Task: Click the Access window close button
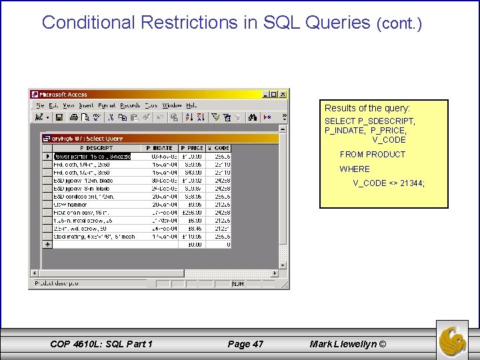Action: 283,95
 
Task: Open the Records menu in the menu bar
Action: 129,105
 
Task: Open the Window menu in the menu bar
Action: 171,105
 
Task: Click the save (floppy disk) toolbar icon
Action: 59,117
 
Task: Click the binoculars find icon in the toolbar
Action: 252,117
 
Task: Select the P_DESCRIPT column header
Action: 97,148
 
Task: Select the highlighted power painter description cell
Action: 92,157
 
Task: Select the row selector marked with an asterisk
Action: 47,245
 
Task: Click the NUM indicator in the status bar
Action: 238,283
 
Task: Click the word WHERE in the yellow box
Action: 355,169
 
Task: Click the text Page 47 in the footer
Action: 245,344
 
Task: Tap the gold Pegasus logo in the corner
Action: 453,339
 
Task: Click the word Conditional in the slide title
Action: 89,23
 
